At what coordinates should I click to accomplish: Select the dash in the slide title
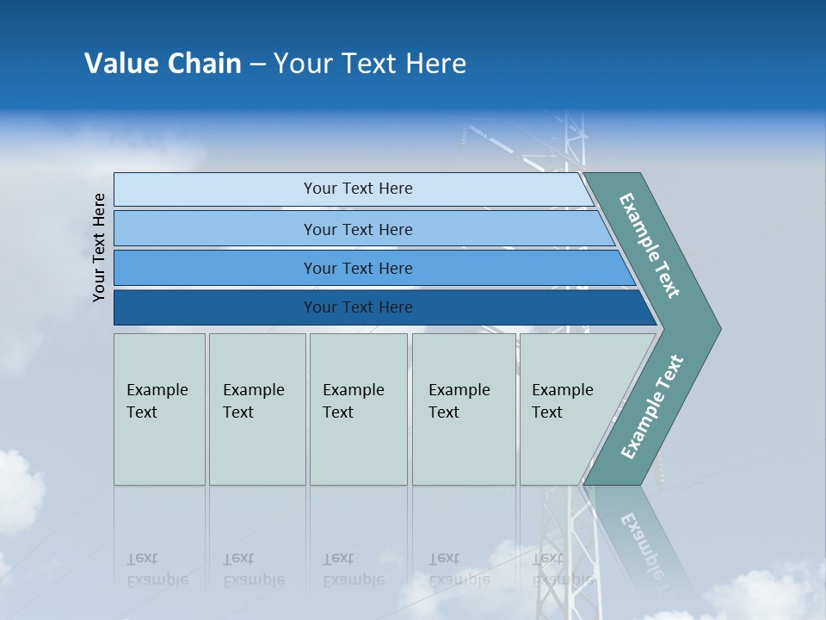[257, 65]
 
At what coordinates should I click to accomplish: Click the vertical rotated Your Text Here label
[99, 247]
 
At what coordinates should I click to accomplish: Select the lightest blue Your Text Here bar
[357, 189]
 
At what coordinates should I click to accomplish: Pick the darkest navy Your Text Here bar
[357, 307]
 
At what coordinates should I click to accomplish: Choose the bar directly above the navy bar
[357, 268]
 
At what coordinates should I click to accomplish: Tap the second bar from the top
[357, 229]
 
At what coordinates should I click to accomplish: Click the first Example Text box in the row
[159, 409]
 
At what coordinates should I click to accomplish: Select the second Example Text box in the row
[257, 409]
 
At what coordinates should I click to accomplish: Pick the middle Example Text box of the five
[358, 409]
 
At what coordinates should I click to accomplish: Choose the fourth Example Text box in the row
[464, 409]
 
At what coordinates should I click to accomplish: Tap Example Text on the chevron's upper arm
[650, 245]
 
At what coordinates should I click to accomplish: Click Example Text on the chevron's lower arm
[652, 406]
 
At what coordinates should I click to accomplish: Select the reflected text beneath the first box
[157, 569]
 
